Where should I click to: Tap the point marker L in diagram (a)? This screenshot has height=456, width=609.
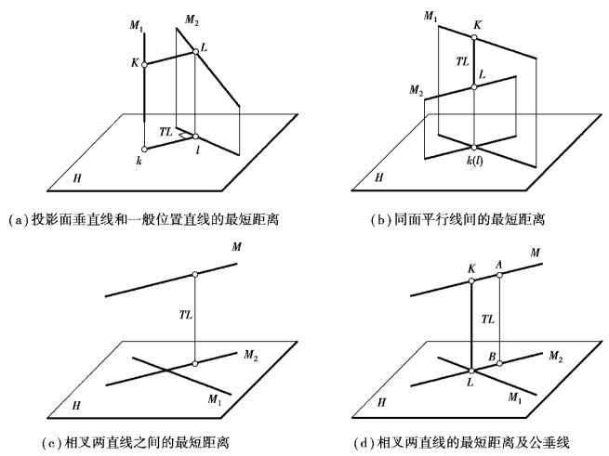195,52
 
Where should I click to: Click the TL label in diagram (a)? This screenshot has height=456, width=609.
165,133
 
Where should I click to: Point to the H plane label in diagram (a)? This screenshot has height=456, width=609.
77,175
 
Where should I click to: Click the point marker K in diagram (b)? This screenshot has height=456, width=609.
475,39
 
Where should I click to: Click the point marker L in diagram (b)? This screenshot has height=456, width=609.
475,87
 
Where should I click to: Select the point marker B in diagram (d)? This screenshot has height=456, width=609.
500,363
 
